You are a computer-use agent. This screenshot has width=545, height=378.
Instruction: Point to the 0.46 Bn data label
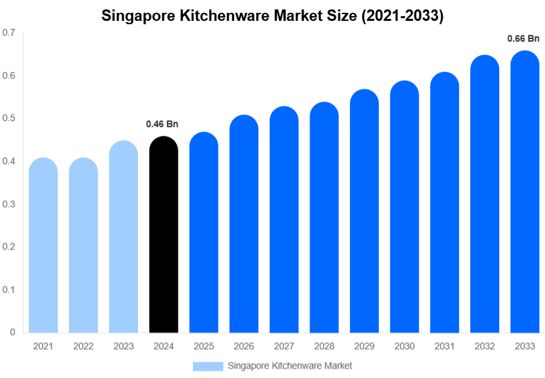pos(162,124)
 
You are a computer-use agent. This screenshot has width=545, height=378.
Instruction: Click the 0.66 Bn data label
pos(523,39)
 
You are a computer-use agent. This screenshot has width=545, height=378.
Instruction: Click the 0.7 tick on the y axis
pos(9,33)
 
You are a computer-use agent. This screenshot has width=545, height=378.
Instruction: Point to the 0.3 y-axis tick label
pos(9,204)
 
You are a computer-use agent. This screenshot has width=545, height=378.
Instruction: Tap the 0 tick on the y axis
pos(12,332)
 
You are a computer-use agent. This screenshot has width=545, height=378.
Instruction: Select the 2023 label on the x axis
pos(123,346)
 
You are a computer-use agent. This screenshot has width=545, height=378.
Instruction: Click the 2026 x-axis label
pos(244,346)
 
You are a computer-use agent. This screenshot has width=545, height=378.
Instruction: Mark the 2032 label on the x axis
pos(484,346)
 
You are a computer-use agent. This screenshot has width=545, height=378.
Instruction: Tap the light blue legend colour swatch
pos(207,366)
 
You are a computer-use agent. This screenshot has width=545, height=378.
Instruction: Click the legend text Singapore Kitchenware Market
pos(290,366)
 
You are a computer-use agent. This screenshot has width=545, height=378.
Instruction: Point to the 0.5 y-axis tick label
pos(9,118)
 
